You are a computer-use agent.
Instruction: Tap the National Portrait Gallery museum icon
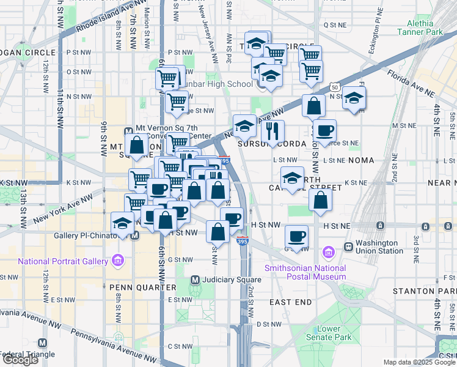point(118,262)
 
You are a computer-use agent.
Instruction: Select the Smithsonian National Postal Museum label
point(305,273)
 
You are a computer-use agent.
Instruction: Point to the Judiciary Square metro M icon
point(195,280)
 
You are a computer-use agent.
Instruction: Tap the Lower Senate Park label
point(329,333)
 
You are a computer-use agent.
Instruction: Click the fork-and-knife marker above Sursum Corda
point(273,130)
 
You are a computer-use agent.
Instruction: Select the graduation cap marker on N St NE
point(354,98)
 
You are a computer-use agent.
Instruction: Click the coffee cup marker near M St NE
point(324,129)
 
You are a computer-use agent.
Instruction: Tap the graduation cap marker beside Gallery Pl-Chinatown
point(123,222)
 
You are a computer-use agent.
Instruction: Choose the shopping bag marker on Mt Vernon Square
point(137,146)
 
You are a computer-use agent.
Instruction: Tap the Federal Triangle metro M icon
point(42,343)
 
